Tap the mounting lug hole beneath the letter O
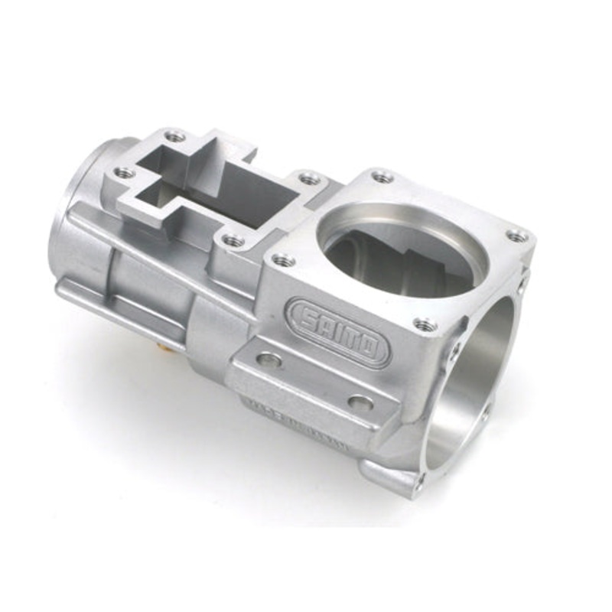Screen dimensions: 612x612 point(360,402)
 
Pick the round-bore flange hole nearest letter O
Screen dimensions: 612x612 point(425,324)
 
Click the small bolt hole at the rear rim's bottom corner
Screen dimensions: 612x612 point(418,481)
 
